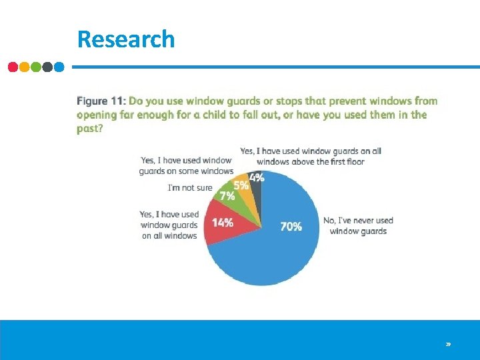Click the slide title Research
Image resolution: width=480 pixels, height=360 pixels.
[x=126, y=39]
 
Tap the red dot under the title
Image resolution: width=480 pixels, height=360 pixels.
[x=13, y=67]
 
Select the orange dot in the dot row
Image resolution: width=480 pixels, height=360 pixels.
[x=25, y=67]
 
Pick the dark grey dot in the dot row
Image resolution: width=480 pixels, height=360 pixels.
[x=47, y=67]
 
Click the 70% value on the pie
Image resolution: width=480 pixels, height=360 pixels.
[x=291, y=227]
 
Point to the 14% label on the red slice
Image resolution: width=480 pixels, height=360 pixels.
[x=223, y=223]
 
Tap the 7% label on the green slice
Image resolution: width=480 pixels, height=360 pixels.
[x=227, y=196]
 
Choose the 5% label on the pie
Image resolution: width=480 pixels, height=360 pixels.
[x=241, y=186]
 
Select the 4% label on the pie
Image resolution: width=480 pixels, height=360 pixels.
[x=257, y=178]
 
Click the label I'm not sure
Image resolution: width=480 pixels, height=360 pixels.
[x=190, y=188]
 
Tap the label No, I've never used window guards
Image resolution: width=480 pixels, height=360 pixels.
[x=358, y=225]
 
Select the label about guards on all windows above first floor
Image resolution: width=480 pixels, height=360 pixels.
[x=310, y=156]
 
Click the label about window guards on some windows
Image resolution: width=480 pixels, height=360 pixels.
[x=186, y=166]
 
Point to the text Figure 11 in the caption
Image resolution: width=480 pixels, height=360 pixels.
[x=100, y=101]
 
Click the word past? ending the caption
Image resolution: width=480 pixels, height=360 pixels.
[x=90, y=129]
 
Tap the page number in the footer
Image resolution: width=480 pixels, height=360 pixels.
[x=448, y=345]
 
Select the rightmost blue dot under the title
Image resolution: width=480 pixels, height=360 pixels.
[x=59, y=67]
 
